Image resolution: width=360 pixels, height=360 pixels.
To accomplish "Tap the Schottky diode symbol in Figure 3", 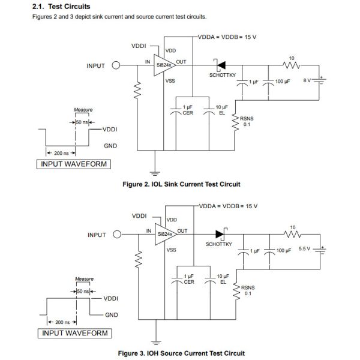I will [218, 234].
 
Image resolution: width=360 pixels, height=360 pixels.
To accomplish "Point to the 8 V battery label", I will [308, 80].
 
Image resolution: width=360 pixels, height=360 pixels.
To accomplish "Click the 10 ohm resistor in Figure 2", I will [292, 65].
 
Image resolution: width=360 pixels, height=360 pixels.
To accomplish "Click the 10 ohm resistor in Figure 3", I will [292, 234].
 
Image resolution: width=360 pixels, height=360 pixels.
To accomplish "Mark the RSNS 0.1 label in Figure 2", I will [247, 122].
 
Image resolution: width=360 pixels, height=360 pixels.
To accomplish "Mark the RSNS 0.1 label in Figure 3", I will [247, 290].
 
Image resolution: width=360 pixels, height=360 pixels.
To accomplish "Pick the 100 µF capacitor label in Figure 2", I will [282, 80].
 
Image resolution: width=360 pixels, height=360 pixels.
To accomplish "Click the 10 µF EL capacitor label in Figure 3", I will [221, 278].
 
